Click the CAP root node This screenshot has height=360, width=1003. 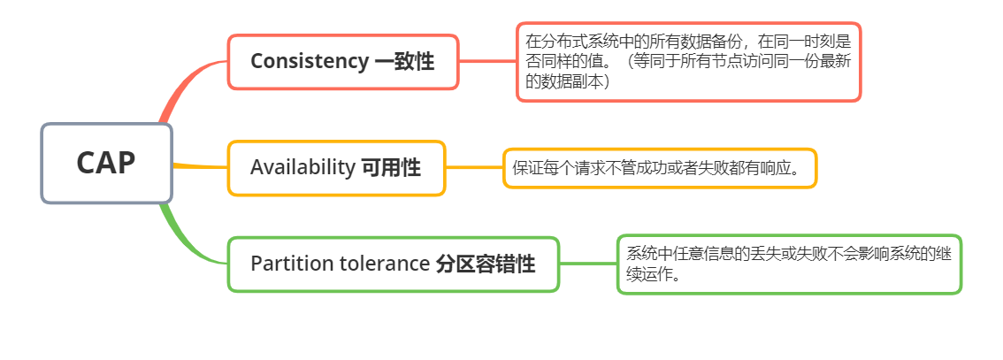(x=106, y=163)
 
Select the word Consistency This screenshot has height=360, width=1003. (x=309, y=61)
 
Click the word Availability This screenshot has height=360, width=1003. (x=302, y=167)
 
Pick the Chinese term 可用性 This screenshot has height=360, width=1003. (x=391, y=167)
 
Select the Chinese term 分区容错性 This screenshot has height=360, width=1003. (x=486, y=264)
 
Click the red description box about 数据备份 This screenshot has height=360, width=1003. (x=688, y=62)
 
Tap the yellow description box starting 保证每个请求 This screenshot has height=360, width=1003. (x=659, y=168)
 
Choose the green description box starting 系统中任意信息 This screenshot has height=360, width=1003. (x=788, y=264)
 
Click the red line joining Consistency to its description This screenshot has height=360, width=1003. (x=487, y=61)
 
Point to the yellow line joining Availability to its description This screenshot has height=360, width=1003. (x=475, y=167)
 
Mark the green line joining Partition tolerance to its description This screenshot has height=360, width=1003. (x=588, y=264)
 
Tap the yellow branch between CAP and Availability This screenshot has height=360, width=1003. (x=200, y=166)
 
